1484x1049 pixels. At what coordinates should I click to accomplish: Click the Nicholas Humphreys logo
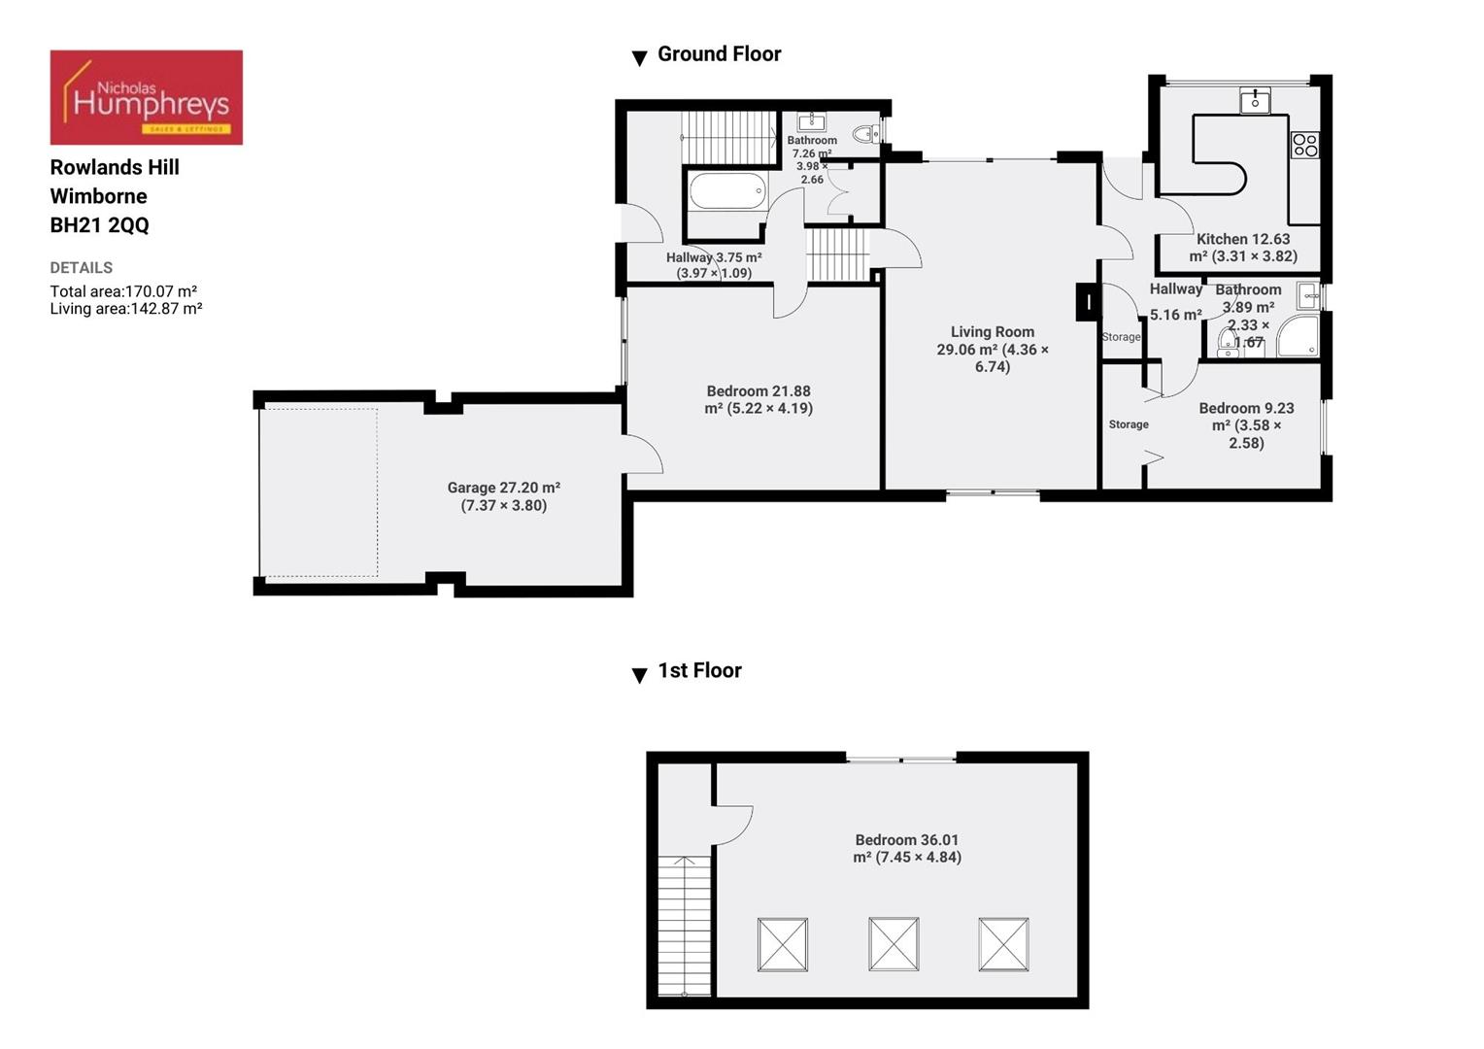(x=146, y=97)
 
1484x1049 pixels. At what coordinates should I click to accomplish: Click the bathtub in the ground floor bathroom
(x=727, y=191)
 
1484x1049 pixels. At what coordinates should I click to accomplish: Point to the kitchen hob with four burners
(x=1304, y=146)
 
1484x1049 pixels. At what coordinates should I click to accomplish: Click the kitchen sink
(x=1255, y=100)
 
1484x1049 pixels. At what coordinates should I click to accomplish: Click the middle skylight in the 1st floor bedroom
(x=894, y=944)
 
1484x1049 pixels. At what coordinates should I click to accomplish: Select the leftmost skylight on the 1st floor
(x=783, y=944)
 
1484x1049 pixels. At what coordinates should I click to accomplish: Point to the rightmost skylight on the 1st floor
(x=1003, y=944)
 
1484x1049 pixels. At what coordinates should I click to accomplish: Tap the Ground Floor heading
(x=719, y=54)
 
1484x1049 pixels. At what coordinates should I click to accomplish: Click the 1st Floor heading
(x=699, y=671)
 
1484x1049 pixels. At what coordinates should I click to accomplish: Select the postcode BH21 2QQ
(x=100, y=225)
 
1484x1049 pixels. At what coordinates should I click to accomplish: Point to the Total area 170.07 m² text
(x=123, y=291)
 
